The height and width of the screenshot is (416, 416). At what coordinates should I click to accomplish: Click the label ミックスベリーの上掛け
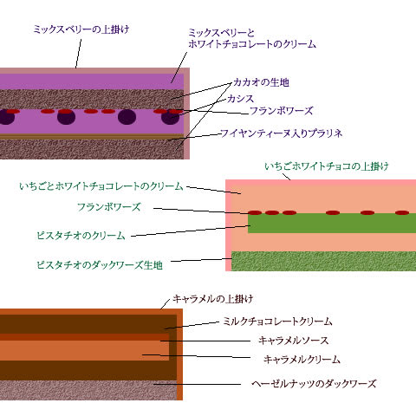pos(81,29)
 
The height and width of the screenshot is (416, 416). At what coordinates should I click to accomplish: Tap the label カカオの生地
pos(261,82)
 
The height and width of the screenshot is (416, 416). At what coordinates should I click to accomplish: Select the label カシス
pos(240,99)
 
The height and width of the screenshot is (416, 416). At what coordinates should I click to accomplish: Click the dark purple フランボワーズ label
pos(281,111)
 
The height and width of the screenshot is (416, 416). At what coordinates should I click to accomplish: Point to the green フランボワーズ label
pos(109,207)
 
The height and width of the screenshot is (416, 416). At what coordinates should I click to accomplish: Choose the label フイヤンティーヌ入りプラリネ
pos(282,133)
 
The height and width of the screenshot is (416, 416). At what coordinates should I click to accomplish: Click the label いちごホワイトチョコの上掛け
pos(327,166)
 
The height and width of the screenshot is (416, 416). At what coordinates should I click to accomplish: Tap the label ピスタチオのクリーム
pos(81,236)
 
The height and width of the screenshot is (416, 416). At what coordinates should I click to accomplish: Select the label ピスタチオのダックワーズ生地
pos(100,265)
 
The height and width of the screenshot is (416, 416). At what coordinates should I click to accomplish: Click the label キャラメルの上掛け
pos(213,299)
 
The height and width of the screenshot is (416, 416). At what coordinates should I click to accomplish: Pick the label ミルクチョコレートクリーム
pos(277,322)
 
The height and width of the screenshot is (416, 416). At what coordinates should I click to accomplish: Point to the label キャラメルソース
pos(294,341)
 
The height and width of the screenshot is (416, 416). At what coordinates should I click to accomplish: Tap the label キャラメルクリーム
pos(302,360)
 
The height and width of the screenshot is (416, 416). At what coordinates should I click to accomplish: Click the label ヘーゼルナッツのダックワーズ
pos(314,384)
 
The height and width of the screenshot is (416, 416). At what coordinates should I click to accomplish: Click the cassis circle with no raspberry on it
pos(127,117)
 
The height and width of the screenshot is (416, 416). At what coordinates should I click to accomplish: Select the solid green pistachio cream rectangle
pos(332,223)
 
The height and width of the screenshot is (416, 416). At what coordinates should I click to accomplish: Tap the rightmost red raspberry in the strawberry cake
pos(402,213)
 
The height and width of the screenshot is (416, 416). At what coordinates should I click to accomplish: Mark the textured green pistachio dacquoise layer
pos(324,261)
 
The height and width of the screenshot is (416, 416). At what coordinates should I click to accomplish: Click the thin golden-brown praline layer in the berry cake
pos(92,136)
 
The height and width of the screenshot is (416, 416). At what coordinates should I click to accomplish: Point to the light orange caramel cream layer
pos(84,350)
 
